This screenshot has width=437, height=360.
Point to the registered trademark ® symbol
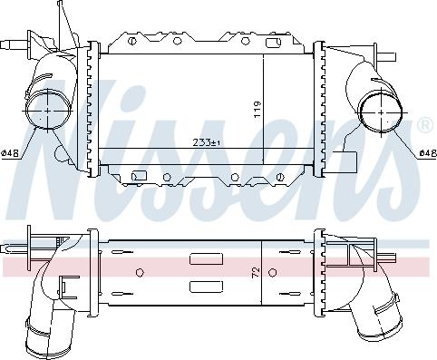pos(423,124)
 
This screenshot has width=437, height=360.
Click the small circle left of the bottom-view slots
pos(140,271)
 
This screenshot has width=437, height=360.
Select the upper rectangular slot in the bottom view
pos(201,258)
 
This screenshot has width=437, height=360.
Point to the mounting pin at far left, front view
pos(11,43)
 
